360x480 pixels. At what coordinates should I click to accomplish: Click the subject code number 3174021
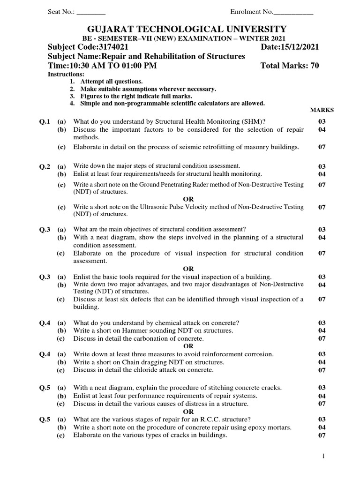point(108,47)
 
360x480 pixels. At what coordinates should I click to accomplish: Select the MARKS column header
point(322,110)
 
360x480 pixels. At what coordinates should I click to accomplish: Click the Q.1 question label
point(45,121)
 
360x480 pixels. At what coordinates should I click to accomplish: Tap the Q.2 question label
point(45,166)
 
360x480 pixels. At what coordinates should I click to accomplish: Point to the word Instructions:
point(66,75)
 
